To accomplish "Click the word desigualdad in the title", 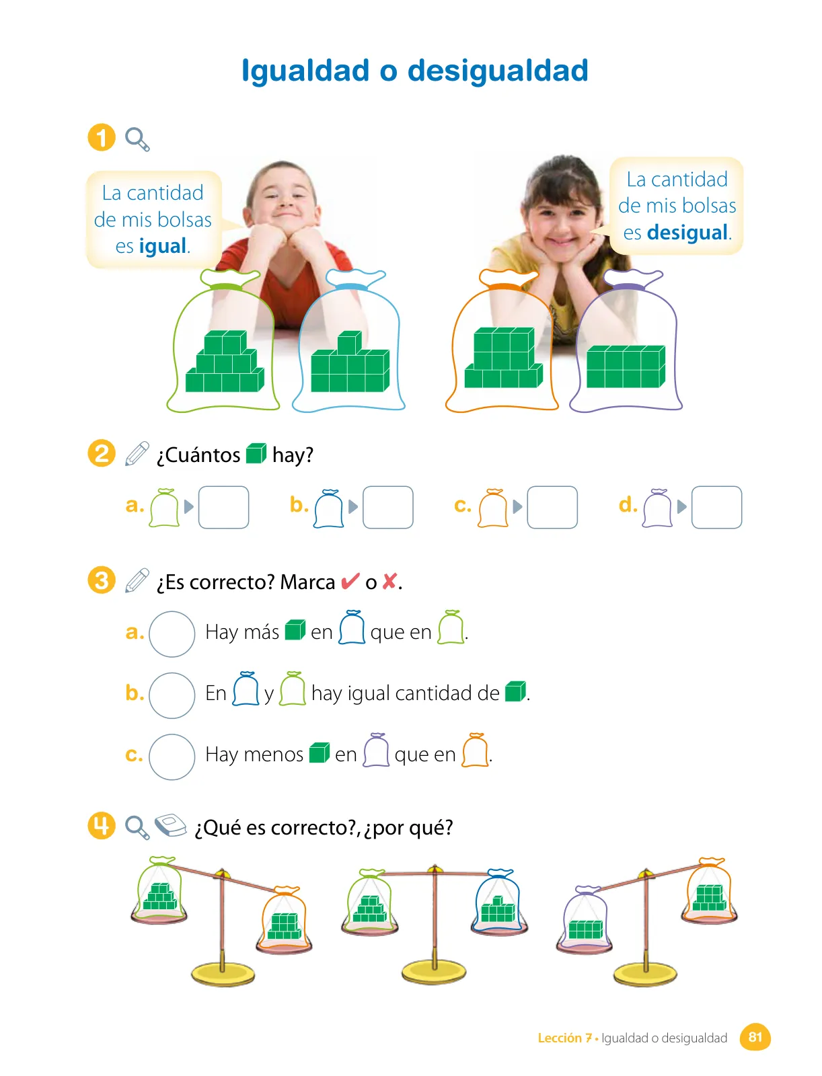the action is coord(498,71).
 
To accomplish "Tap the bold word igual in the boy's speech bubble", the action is coord(162,246).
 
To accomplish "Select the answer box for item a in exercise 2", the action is coord(223,507).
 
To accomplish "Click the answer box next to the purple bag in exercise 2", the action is coord(716,507).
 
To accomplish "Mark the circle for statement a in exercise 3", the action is coord(172,633).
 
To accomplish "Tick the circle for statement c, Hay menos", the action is coord(172,756).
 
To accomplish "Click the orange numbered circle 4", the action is coord(102,826).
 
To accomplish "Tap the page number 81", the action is coord(755,1037).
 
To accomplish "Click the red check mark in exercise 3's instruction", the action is coord(350,582).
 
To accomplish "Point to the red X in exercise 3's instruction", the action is coord(389,582).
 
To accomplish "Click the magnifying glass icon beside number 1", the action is coord(137,139).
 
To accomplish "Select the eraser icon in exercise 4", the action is coord(170,826).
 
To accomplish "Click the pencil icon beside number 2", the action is coord(137,453).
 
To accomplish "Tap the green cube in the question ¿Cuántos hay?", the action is coord(256,453).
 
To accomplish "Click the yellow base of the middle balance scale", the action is coord(434,972).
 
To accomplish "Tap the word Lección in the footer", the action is coord(559,1038).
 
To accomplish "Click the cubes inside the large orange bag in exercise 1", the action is coord(503,357).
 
